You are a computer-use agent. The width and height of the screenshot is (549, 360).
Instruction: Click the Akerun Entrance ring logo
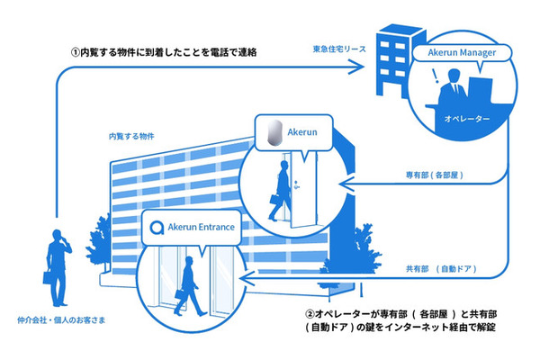coord(157,228)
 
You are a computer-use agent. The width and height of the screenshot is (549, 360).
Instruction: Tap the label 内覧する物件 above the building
coord(131,136)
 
